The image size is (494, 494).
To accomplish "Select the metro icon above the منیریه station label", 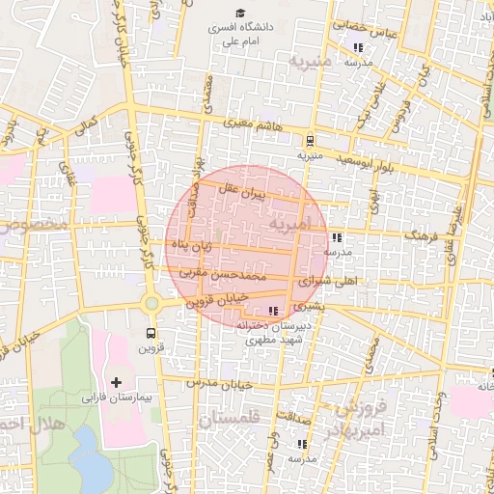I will point(309,139).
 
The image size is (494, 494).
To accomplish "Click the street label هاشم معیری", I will point(254,123).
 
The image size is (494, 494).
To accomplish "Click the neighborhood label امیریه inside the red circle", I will point(292,224).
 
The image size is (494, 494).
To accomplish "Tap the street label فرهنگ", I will point(422,234).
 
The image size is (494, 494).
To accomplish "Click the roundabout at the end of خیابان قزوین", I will point(151,305).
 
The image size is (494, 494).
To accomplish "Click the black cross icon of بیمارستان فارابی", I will point(117,383).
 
